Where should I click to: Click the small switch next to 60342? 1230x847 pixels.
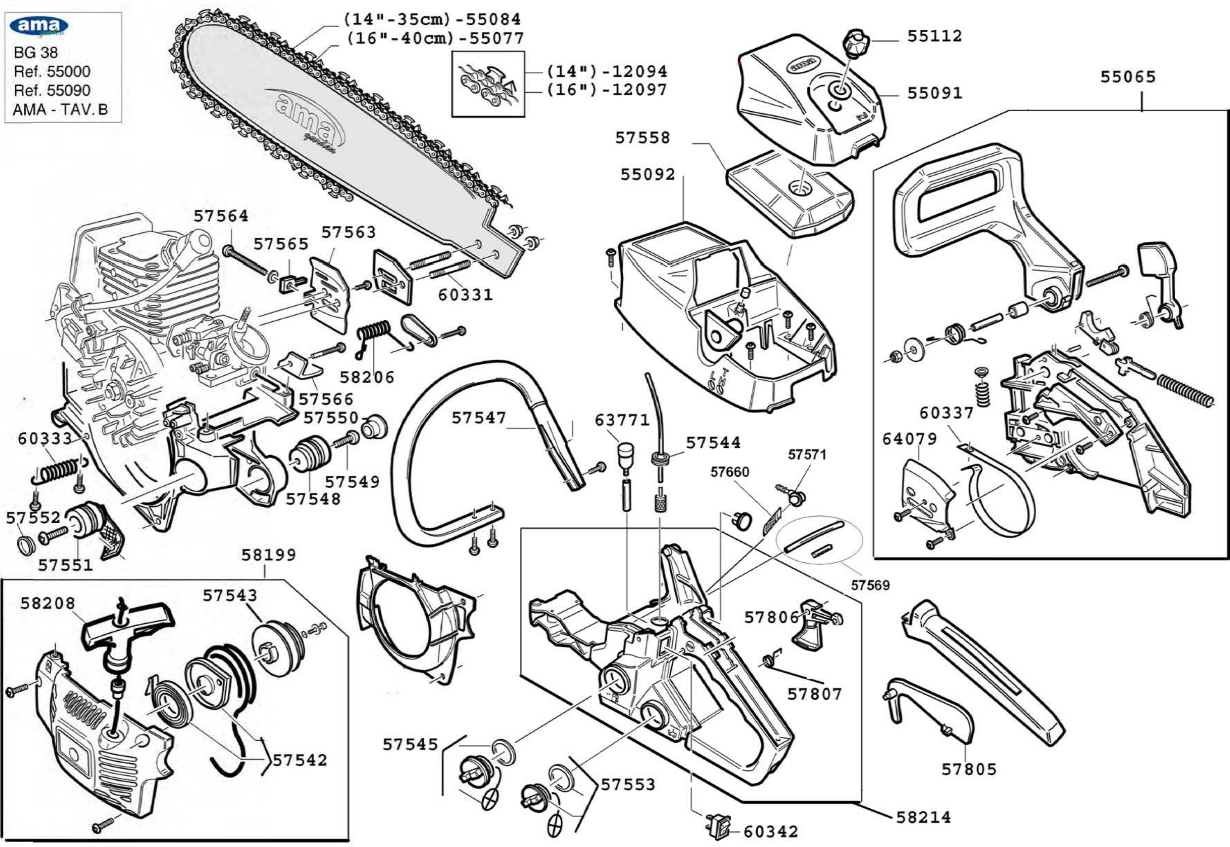pyautogui.click(x=717, y=825)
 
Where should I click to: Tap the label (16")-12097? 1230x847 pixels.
pyautogui.click(x=606, y=90)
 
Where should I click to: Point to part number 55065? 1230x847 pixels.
pyautogui.click(x=1127, y=77)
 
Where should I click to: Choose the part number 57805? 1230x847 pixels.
pyautogui.click(x=969, y=769)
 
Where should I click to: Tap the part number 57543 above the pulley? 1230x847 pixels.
pyautogui.click(x=229, y=595)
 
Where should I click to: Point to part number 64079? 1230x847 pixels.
pyautogui.click(x=909, y=439)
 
